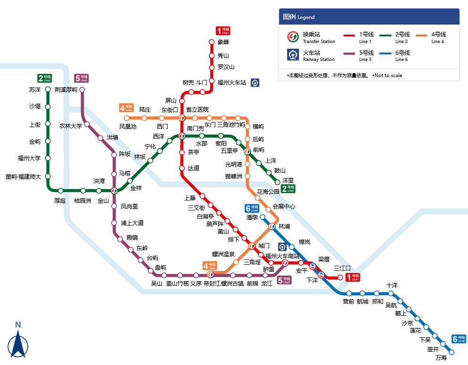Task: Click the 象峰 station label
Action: point(223,42)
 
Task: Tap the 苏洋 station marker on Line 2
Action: point(48,89)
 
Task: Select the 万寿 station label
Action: point(441,358)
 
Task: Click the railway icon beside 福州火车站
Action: point(255,82)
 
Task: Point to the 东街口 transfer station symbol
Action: point(182,118)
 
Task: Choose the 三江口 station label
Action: point(342,269)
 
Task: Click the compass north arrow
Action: point(18,343)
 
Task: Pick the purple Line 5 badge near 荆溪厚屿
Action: point(81,78)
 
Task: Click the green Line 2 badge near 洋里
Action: point(288,189)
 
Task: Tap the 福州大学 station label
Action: point(29,158)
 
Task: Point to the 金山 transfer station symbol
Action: point(114,191)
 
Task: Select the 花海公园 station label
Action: point(268,192)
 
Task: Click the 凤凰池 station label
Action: point(128,127)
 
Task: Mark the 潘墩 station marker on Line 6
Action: point(263,217)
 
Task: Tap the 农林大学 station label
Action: point(70,126)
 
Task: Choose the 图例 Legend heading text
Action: point(298,17)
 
